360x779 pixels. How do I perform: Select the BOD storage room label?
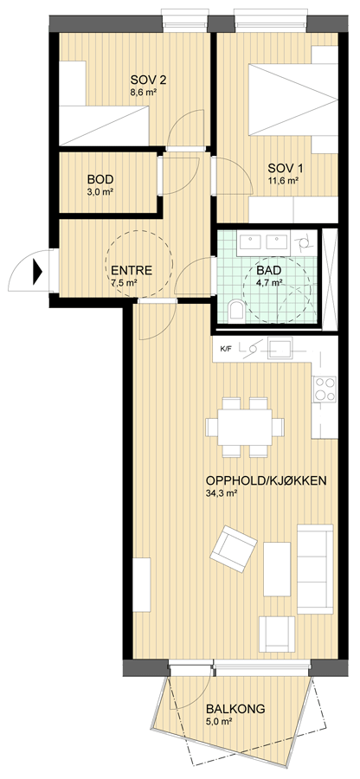point(100,179)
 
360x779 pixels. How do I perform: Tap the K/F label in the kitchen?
point(226,349)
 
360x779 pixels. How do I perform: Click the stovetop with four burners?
point(325,389)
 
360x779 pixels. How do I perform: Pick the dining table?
point(245,427)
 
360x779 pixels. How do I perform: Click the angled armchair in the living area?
point(234,549)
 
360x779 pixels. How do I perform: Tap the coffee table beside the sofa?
point(277,569)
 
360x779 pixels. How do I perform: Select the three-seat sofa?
point(315,569)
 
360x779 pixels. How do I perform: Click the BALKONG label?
point(236,709)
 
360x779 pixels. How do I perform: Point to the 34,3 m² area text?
point(221,494)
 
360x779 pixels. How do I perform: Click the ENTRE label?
point(132,271)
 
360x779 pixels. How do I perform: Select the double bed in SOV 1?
point(293,100)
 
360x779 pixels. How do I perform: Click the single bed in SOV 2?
point(104,126)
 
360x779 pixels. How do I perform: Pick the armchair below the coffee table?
point(277,634)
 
